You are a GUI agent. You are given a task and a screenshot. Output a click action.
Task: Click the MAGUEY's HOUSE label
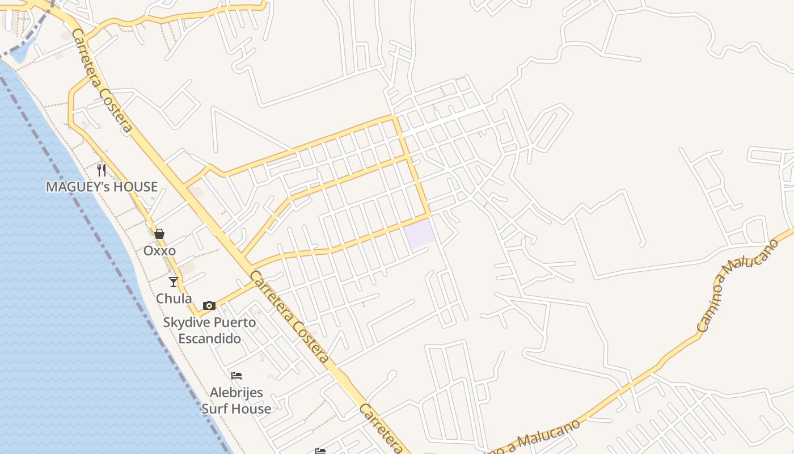[102, 187]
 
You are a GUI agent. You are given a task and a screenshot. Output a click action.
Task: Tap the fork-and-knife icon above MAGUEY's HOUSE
[102, 170]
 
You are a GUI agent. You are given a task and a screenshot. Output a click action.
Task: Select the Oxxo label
[159, 251]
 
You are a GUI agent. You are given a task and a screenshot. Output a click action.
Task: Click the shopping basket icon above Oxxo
[159, 234]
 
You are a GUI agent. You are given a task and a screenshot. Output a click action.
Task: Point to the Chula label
[174, 299]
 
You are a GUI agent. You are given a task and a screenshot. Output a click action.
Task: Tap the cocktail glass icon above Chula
[174, 281]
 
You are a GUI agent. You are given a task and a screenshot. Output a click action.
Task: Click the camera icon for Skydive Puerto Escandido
[209, 305]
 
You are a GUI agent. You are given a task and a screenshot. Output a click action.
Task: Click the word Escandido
[210, 339]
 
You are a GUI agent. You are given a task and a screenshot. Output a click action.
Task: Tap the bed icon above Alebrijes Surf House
[236, 376]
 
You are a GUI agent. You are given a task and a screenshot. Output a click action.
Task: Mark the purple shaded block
[420, 234]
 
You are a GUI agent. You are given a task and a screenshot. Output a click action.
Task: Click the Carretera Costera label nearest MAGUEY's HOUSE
[103, 81]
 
